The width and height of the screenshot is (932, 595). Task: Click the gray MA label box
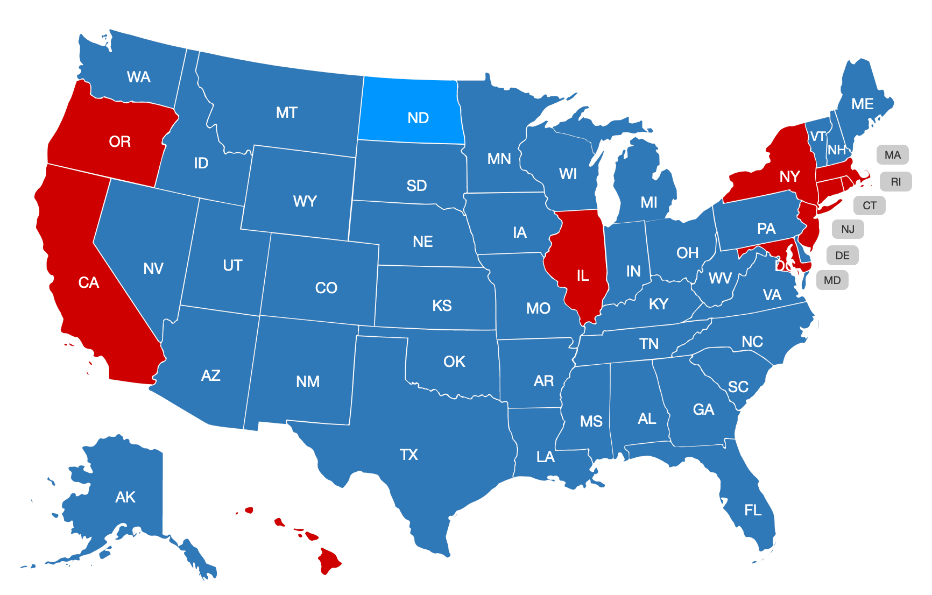[892, 155]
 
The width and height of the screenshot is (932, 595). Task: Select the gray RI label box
[895, 182]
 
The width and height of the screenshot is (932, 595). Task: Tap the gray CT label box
[869, 206]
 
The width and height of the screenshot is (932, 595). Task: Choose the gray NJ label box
[848, 230]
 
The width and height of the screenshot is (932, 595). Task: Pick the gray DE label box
[842, 256]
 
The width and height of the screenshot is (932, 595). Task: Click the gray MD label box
[832, 280]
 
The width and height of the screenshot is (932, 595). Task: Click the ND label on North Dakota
[418, 118]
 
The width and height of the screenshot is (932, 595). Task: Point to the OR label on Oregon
[119, 141]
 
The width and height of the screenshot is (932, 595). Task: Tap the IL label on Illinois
[583, 276]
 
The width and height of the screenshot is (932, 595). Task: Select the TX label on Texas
[409, 455]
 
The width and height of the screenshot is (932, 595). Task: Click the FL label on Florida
[753, 510]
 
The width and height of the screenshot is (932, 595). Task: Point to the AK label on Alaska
[125, 497]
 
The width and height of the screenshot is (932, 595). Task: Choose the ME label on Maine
[862, 104]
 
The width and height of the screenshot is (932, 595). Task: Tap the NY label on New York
[789, 176]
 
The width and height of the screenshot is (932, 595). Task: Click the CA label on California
[89, 282]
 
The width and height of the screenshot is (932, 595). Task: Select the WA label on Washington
[138, 77]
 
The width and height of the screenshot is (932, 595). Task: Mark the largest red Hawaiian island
[328, 561]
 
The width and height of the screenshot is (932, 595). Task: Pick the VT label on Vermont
[818, 136]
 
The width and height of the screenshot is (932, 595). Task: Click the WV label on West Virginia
[720, 278]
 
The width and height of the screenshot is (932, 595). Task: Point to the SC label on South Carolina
[738, 386]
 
